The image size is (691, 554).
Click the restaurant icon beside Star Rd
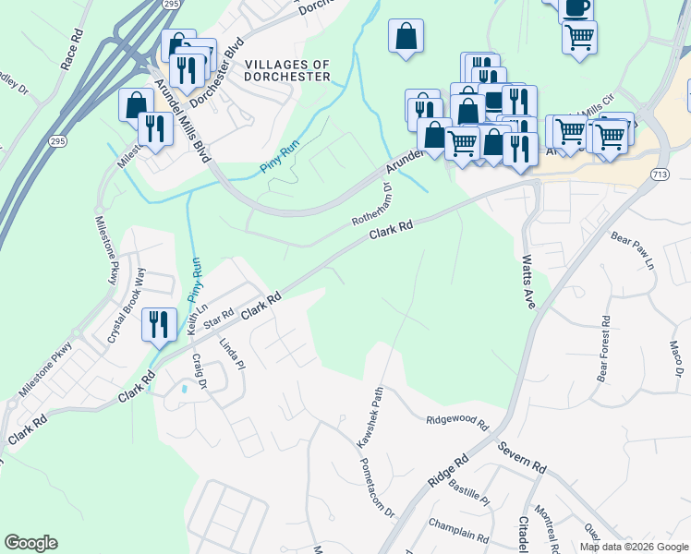coord(159,324)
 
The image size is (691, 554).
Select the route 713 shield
coord(660,174)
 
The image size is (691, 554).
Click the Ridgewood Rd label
coord(456,421)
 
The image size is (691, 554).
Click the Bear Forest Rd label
coord(604,350)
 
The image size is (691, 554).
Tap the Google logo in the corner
coord(30,543)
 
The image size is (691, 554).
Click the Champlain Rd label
coord(459,530)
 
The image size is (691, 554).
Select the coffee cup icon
coord(577,6)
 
